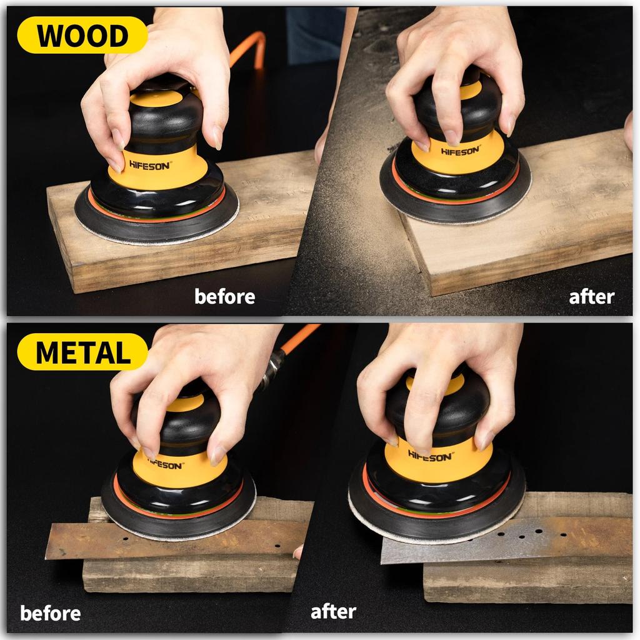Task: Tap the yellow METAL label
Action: tap(82, 352)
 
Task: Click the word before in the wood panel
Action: tap(224, 296)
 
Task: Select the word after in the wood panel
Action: tap(591, 296)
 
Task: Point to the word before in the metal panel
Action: tap(50, 613)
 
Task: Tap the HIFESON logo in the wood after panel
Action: tap(460, 151)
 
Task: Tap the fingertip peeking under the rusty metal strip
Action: tap(298, 552)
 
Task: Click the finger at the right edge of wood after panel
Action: tap(629, 131)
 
